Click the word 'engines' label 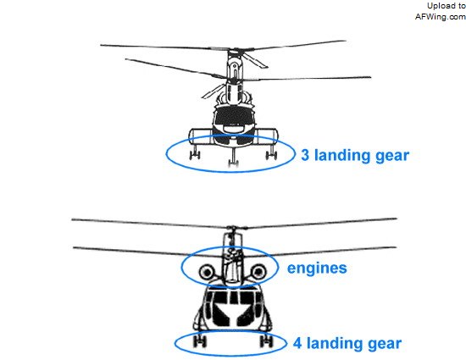tap(317, 269)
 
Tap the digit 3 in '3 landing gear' tap(305, 155)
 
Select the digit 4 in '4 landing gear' tap(297, 343)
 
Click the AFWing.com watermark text tap(440, 17)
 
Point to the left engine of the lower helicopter tap(207, 272)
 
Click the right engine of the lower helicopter tap(258, 271)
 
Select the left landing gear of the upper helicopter tap(195, 152)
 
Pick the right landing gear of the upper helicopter tap(271, 152)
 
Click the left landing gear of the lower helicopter tap(200, 341)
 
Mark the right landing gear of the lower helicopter tap(266, 341)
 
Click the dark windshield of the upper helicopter tap(235, 116)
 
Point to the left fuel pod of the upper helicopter tap(202, 136)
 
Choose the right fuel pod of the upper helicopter tap(266, 136)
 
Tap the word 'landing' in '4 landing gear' tap(335, 343)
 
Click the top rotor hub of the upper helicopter tap(235, 49)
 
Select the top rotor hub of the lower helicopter tap(234, 228)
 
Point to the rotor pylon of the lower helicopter tap(233, 258)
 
